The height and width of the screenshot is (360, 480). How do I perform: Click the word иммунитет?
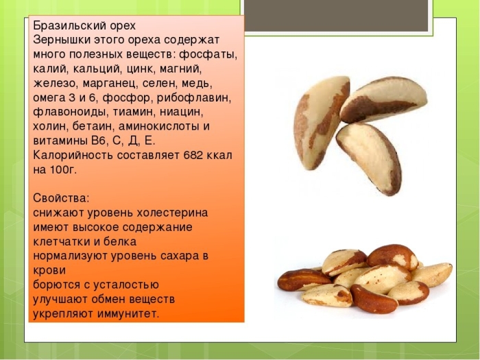pyautogui.click(x=126, y=313)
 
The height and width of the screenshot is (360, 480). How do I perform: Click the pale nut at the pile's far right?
pyautogui.click(x=431, y=274)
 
